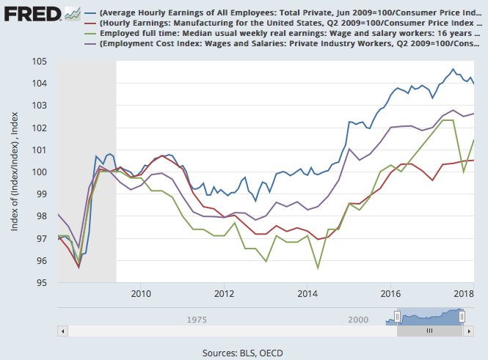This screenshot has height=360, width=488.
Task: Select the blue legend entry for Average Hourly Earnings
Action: [x=286, y=14]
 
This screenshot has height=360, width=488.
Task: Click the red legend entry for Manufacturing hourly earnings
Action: [x=286, y=24]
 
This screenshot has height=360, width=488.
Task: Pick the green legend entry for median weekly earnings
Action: [x=286, y=34]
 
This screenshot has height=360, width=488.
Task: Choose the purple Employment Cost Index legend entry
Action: [x=286, y=45]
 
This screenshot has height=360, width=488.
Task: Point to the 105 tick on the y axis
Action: [x=40, y=62]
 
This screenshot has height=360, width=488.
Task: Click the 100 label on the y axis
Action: [x=40, y=172]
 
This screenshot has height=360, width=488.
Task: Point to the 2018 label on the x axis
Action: [x=464, y=294]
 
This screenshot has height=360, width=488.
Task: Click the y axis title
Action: [x=15, y=172]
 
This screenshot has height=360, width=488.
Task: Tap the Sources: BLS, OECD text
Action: [x=244, y=353]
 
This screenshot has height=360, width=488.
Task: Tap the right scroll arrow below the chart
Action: [x=470, y=331]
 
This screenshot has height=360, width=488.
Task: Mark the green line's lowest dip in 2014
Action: [x=318, y=268]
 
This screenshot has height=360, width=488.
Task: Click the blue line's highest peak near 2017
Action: [x=453, y=70]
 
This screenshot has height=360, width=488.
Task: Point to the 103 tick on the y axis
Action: [x=40, y=106]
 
